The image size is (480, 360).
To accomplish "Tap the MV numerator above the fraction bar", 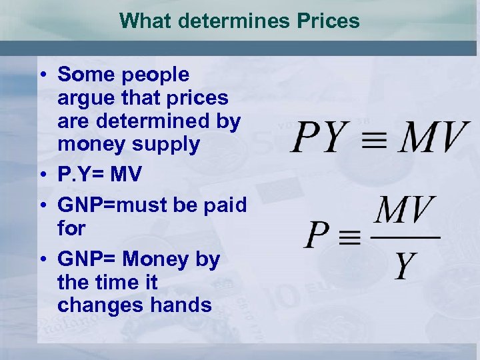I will (x=403, y=211).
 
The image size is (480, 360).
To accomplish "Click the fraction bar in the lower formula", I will (x=404, y=237).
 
